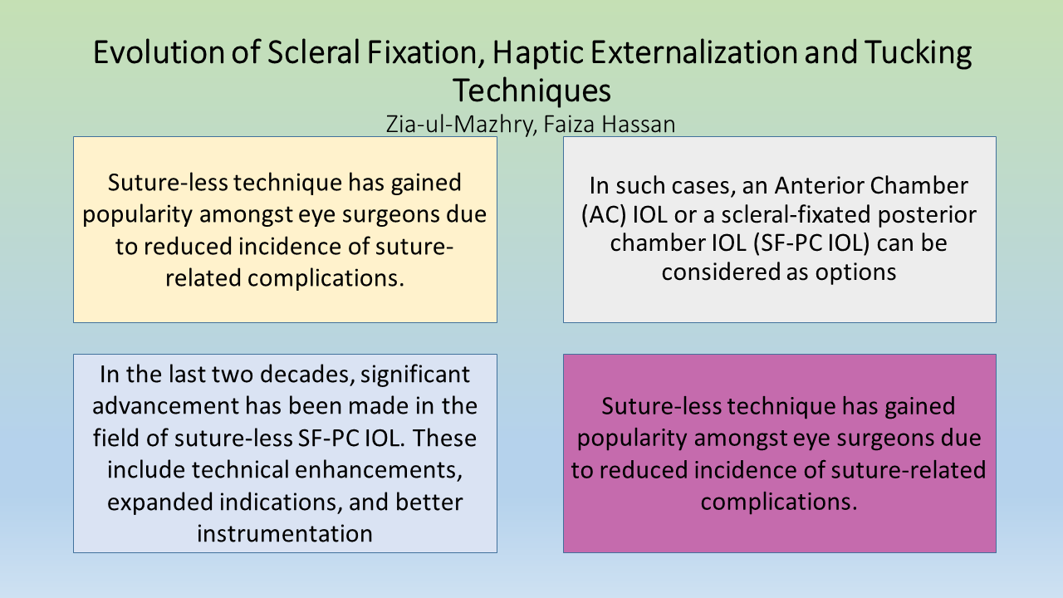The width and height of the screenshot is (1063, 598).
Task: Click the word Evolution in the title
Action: point(159,51)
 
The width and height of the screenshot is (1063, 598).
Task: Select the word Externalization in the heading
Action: point(693,51)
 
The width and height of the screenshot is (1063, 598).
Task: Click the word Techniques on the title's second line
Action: point(531,91)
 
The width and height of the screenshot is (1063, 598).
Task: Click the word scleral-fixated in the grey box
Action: point(796,214)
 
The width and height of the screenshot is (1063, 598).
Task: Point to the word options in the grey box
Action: point(855,272)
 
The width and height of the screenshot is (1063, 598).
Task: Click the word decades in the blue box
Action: point(307,374)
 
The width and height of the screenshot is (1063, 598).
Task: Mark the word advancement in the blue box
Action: point(165,406)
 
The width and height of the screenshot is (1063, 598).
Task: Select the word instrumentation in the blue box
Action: point(285,533)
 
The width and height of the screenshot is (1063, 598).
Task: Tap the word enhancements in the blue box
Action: point(378,470)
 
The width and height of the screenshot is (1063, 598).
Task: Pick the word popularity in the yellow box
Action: point(137,214)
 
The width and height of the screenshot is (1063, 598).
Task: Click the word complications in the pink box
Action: point(779,502)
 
